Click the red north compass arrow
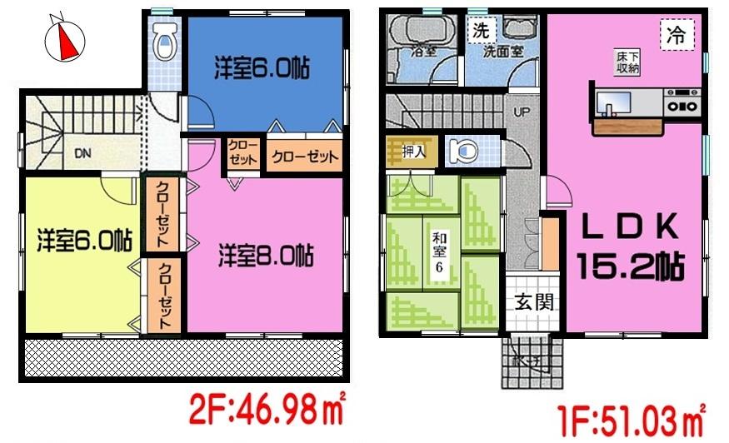pos(66,40)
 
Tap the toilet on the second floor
pos(165,42)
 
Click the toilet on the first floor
pos(460,152)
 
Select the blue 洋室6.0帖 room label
pos(262,69)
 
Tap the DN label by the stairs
pos(82,153)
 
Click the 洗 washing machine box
pos(481,32)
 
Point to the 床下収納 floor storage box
pos(628,62)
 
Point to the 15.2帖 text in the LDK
pos(632,266)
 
